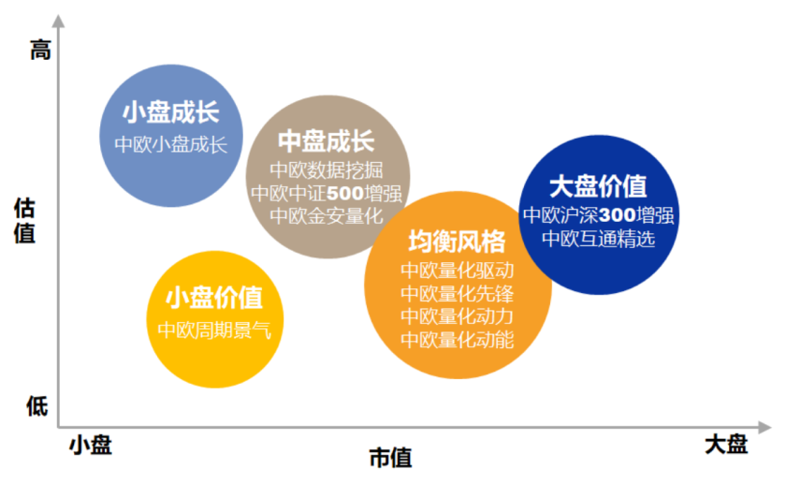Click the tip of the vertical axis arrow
point(59,15)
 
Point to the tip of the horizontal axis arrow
point(771,427)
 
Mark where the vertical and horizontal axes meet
point(59,427)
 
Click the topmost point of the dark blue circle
point(599,135)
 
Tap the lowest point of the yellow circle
point(215,389)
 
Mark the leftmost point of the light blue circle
point(99,136)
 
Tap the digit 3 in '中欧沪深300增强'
point(605,215)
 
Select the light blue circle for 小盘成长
point(171,136)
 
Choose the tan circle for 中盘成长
point(327,177)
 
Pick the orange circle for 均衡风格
point(458,285)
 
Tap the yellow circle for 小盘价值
point(215,319)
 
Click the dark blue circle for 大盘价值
point(599,214)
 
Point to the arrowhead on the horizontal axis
point(765,427)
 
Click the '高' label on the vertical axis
point(40,51)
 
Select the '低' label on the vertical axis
point(37,405)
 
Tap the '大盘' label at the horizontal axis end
point(726,445)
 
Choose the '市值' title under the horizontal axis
point(390,458)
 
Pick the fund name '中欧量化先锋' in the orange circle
point(458,293)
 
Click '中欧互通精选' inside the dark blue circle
point(599,239)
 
